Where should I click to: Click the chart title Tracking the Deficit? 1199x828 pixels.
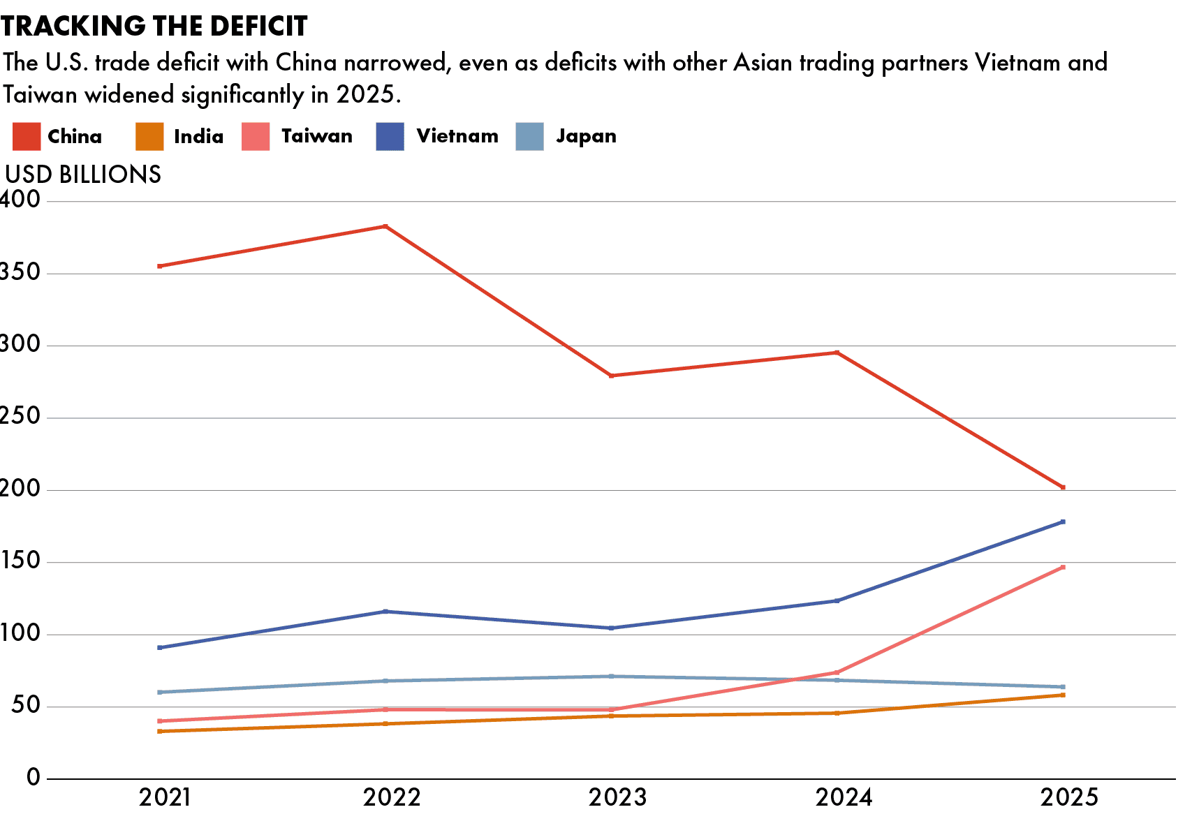pos(154,27)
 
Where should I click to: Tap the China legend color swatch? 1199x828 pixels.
pos(27,136)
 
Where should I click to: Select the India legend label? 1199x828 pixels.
pos(198,136)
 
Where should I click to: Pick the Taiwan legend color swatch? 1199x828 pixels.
pos(256,136)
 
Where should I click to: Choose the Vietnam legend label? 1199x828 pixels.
pos(457,135)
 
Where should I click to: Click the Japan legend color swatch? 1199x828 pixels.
pos(529,136)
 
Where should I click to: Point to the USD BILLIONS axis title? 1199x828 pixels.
pos(83,175)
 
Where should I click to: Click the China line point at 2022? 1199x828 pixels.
pos(385,226)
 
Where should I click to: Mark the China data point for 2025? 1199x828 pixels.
pos(1063,487)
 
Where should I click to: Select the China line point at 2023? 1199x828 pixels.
pos(611,376)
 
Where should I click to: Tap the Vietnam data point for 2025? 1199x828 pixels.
pos(1063,522)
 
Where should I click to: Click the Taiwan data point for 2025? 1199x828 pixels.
pos(1063,567)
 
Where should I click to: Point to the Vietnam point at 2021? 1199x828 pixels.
pos(160,648)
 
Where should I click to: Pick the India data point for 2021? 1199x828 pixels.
pos(160,731)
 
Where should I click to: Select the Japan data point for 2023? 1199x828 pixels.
pos(611,676)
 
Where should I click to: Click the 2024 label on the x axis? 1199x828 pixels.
pos(844,797)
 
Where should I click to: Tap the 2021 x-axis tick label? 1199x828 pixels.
pos(165,797)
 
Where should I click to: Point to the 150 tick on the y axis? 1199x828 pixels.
pos(21,562)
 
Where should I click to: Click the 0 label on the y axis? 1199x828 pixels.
pos(33,778)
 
